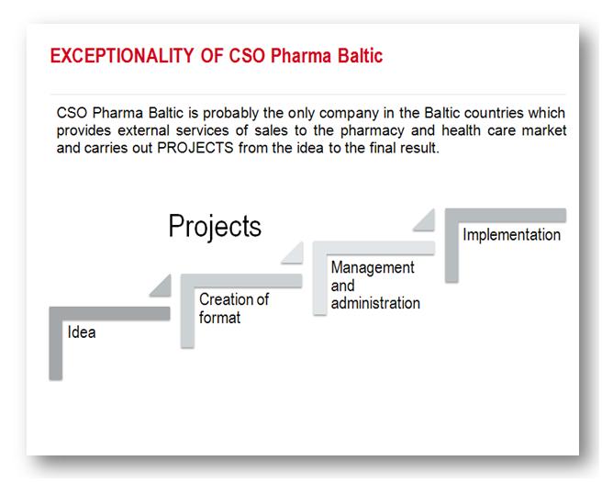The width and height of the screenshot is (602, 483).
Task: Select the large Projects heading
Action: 215,226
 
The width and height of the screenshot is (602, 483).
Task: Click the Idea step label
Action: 82,332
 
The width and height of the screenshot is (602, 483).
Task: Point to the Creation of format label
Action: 234,309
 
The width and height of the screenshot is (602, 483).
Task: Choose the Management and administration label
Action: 375,285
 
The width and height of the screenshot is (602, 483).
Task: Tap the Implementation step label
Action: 511,235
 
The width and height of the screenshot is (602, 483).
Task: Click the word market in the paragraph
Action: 544,131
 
